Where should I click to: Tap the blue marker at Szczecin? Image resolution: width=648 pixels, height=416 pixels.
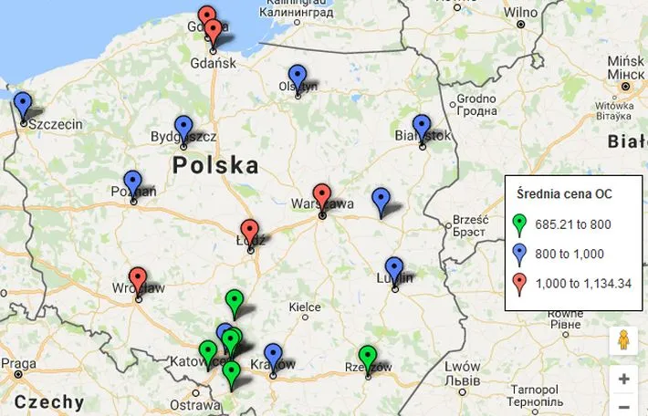click(x=23, y=105)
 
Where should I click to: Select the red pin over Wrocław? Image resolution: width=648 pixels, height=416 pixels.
click(x=138, y=279)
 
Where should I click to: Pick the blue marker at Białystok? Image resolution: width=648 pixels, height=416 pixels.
click(x=421, y=128)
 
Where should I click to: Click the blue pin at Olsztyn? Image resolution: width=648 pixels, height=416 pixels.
click(x=297, y=78)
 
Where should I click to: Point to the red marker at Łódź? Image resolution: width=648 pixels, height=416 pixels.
click(x=249, y=232)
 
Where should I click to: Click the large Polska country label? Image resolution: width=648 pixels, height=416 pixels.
click(x=215, y=166)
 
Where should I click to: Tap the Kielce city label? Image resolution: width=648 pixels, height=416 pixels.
click(x=304, y=308)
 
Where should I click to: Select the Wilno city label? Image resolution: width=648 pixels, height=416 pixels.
click(x=521, y=13)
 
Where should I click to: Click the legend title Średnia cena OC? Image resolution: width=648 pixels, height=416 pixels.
click(x=563, y=193)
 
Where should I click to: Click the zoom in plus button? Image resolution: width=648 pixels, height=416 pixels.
click(x=623, y=379)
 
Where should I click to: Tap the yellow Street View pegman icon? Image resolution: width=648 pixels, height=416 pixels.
click(x=623, y=340)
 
